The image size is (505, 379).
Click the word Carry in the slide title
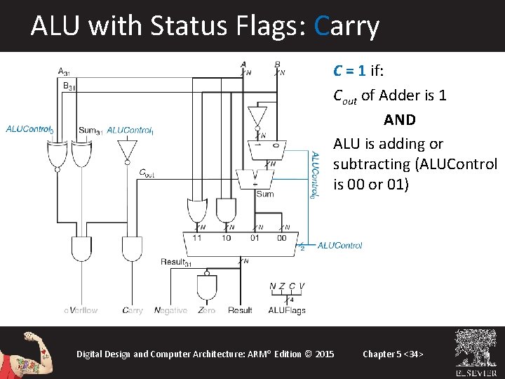point(347,27)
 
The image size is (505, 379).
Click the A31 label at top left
point(64,71)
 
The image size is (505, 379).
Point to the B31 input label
point(69,86)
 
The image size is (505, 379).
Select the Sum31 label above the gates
point(90,130)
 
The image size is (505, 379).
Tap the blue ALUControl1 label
point(130,130)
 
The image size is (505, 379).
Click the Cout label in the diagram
point(147,172)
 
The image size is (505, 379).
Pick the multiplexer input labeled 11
point(196,239)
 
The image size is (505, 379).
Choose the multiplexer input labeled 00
point(281,239)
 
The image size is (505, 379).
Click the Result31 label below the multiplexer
point(177,262)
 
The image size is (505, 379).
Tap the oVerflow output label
point(81,310)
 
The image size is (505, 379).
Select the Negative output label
point(170,310)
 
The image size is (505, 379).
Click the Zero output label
point(206,310)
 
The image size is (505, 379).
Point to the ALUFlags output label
point(287,310)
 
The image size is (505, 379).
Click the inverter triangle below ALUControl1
point(127,149)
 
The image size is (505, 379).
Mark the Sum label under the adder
point(264,194)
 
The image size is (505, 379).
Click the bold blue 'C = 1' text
point(349,71)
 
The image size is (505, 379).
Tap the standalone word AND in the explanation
point(400,120)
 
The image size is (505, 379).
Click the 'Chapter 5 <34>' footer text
point(393,354)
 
